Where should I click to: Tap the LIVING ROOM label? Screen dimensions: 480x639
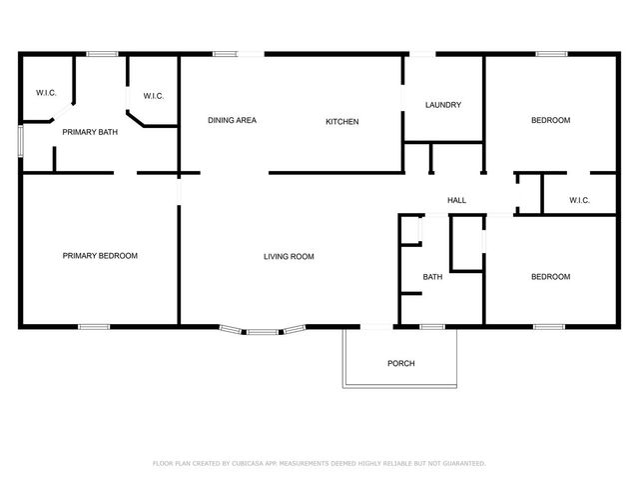click(x=289, y=257)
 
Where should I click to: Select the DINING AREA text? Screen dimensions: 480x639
click(x=232, y=121)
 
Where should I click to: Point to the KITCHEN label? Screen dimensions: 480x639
click(x=341, y=122)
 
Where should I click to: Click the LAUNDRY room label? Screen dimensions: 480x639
click(x=442, y=105)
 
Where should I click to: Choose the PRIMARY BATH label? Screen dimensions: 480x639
click(x=90, y=132)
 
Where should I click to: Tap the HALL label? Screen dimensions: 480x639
click(x=456, y=201)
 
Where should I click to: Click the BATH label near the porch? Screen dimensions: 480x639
click(x=432, y=277)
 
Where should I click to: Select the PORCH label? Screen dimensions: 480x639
click(x=401, y=363)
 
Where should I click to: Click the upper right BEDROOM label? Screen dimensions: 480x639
click(x=550, y=121)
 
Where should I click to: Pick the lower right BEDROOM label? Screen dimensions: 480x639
click(x=550, y=277)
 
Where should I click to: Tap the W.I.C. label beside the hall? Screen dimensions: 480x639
click(x=579, y=201)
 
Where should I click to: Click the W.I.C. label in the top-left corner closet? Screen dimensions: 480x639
click(x=46, y=93)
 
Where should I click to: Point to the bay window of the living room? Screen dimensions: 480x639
click(x=263, y=330)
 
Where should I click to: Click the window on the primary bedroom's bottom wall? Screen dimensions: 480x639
click(x=94, y=327)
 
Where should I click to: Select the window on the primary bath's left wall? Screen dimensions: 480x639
click(x=20, y=139)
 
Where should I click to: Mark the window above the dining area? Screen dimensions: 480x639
click(x=225, y=54)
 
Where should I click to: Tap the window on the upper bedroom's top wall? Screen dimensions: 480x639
click(x=551, y=54)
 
